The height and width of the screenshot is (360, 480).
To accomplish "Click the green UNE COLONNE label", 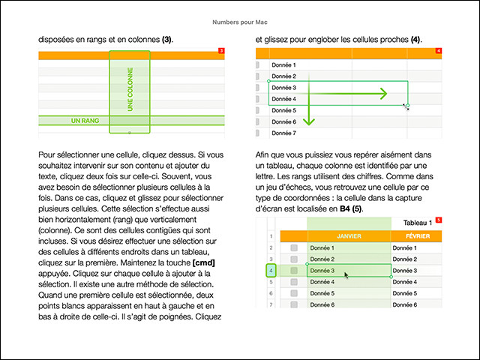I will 130,91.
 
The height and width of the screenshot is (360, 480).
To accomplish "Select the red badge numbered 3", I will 220,51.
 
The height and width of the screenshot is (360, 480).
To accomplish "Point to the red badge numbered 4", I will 438,51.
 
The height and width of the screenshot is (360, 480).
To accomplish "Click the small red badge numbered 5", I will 439,220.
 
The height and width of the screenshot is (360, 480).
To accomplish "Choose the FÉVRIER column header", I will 415,235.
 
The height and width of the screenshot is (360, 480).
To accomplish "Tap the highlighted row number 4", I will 271,270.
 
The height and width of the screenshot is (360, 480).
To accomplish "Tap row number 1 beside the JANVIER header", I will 271,235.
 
